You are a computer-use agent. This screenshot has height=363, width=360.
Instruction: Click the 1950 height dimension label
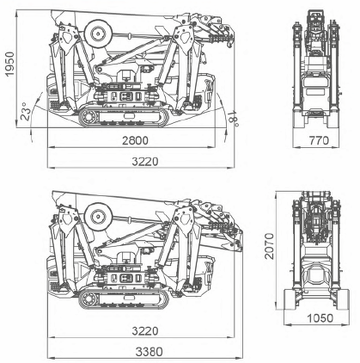pyautogui.click(x=9, y=64)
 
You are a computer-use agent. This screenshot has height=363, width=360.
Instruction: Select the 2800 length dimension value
pyautogui.click(x=135, y=141)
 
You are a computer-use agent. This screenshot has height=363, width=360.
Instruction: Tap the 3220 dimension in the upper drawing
pyautogui.click(x=145, y=162)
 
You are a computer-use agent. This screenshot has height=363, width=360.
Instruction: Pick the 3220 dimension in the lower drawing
pyautogui.click(x=145, y=331)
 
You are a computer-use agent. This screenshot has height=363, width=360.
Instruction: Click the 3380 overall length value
pyautogui.click(x=149, y=352)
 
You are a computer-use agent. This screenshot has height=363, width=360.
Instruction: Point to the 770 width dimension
pyautogui.click(x=319, y=141)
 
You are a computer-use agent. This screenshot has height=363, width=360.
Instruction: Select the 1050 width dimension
pyautogui.click(x=320, y=318)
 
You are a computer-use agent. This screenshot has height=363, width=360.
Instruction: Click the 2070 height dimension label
pyautogui.click(x=269, y=246)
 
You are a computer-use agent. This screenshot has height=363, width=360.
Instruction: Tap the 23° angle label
pyautogui.click(x=25, y=111)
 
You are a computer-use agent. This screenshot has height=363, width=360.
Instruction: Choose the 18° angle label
pyautogui.click(x=234, y=119)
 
